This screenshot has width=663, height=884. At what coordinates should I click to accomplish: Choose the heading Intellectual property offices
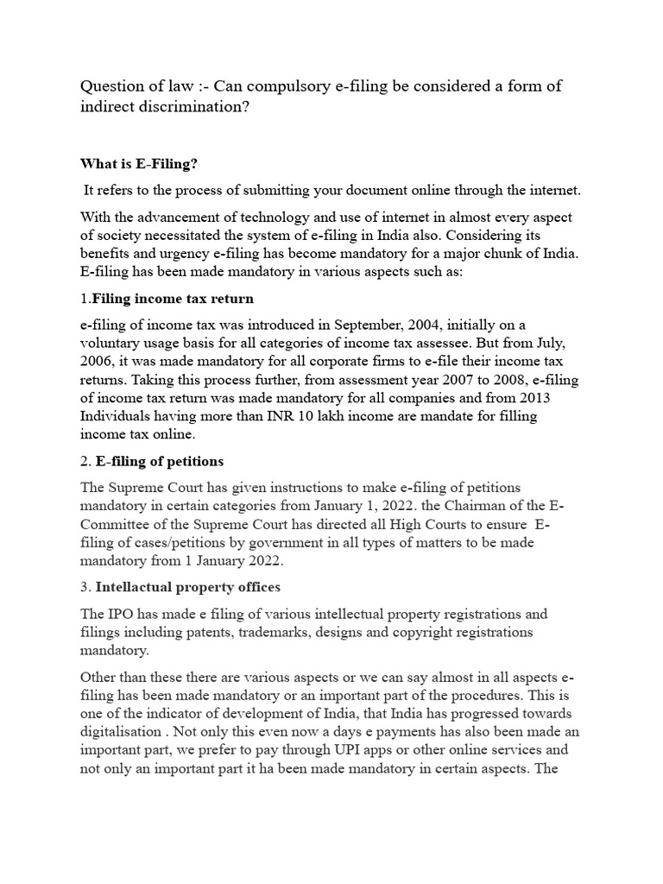click(x=187, y=587)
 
